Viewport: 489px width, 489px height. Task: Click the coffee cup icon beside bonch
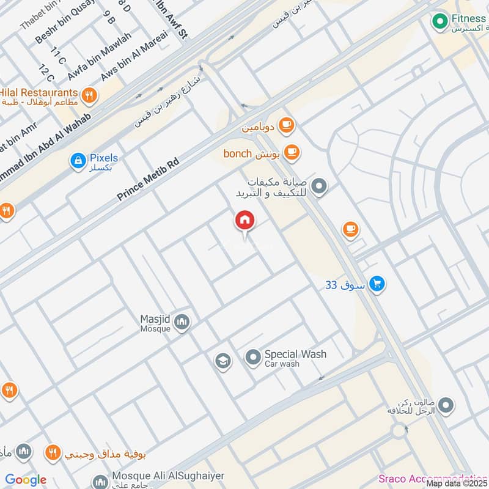tap(292, 152)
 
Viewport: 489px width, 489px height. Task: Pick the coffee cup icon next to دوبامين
tap(285, 126)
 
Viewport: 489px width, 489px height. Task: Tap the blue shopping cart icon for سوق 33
tap(377, 284)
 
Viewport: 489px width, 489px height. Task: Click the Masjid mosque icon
tap(182, 322)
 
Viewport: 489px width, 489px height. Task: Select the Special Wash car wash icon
tap(253, 358)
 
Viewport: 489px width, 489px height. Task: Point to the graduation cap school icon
tap(223, 361)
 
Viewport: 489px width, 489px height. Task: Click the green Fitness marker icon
tap(439, 23)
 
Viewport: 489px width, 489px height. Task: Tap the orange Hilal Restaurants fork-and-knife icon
tap(89, 95)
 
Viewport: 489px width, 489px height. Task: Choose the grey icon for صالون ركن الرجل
tap(446, 405)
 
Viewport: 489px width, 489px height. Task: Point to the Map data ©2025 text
tap(457, 483)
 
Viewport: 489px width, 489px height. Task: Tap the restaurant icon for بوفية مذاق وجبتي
tap(53, 453)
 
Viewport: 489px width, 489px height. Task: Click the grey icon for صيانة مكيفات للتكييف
tap(318, 185)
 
